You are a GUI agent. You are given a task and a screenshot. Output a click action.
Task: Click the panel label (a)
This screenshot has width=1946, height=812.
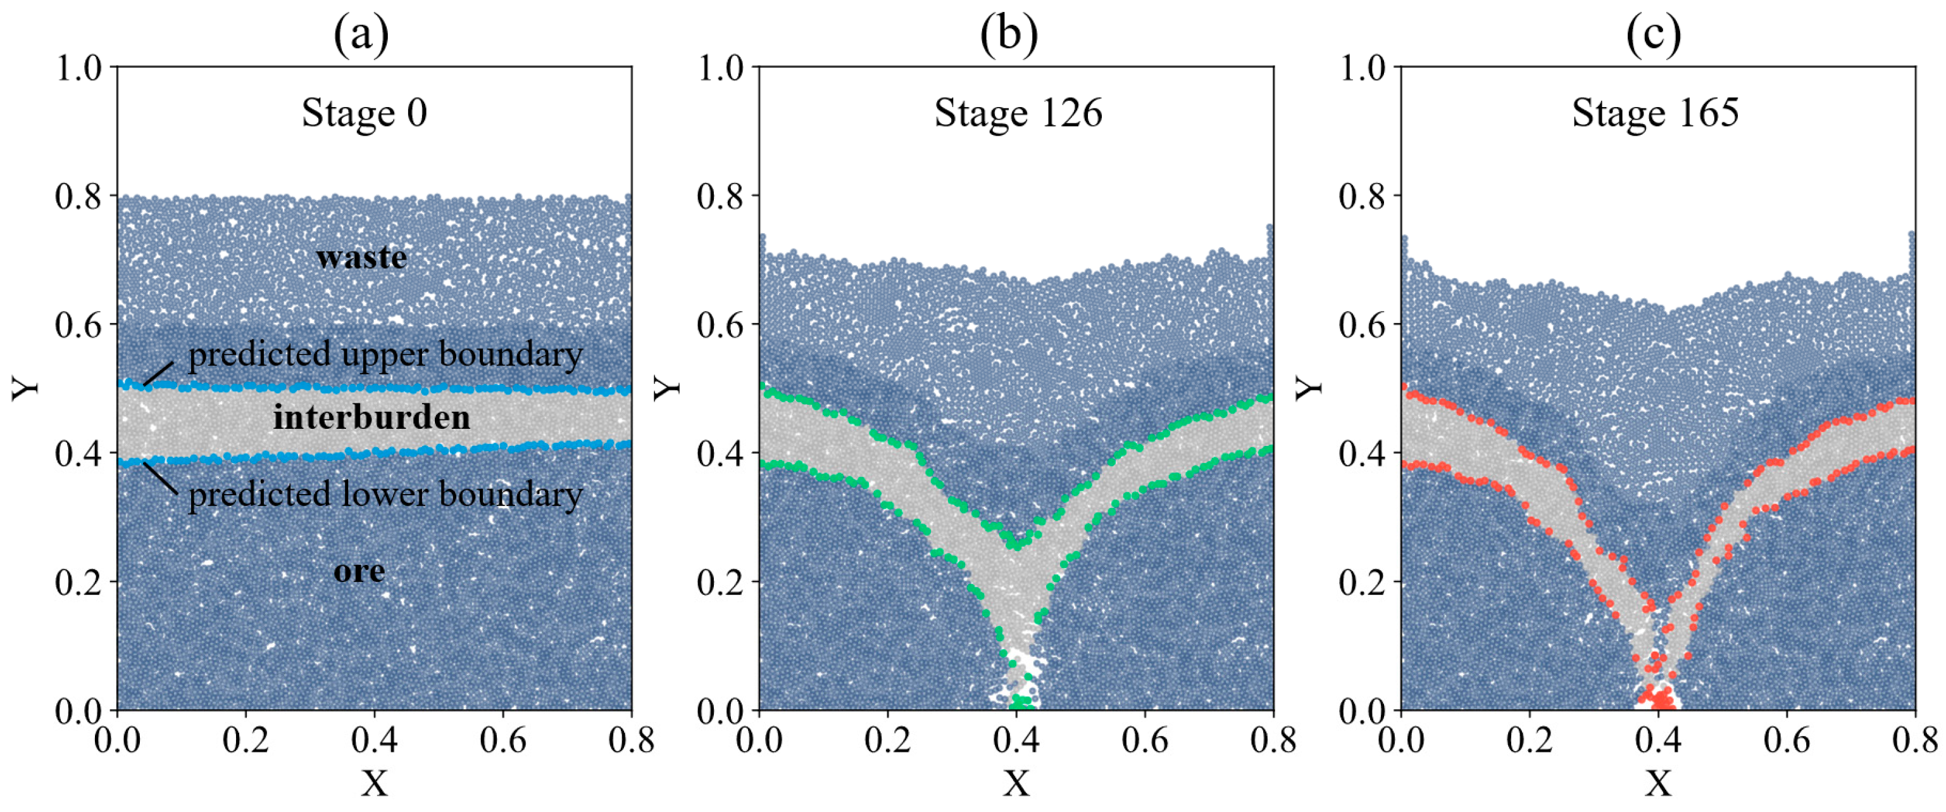pyautogui.click(x=361, y=35)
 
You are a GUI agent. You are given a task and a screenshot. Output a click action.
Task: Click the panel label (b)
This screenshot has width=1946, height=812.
pyautogui.click(x=1009, y=35)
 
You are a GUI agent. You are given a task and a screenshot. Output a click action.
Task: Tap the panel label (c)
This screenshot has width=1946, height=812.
pyautogui.click(x=1653, y=35)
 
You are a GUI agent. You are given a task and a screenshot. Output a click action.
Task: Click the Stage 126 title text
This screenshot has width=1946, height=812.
pyautogui.click(x=1018, y=113)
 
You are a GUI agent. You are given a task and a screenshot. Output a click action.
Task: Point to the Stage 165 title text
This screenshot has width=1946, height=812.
pyautogui.click(x=1655, y=113)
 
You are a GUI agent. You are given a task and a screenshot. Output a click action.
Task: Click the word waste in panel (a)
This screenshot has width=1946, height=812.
pyautogui.click(x=361, y=258)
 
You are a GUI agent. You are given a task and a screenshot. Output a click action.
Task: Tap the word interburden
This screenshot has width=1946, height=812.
pyautogui.click(x=371, y=417)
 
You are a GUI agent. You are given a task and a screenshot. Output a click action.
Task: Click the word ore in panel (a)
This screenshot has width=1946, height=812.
pyautogui.click(x=359, y=571)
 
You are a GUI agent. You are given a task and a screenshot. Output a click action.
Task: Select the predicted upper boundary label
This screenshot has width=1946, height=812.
pyautogui.click(x=385, y=355)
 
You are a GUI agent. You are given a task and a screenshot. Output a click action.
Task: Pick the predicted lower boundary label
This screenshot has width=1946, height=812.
pyautogui.click(x=385, y=495)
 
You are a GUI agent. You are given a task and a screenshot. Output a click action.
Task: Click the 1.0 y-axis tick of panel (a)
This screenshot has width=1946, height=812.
pyautogui.click(x=78, y=68)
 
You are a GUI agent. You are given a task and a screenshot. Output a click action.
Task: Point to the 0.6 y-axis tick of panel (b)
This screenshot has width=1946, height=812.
pyautogui.click(x=720, y=325)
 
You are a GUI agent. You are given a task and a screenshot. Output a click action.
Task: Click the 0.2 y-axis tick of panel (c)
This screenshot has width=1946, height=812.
pyautogui.click(x=1362, y=582)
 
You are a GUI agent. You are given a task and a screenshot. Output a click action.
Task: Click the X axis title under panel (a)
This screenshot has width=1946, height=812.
pyautogui.click(x=374, y=784)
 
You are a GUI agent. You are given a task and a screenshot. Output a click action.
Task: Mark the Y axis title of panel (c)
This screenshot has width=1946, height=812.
pyautogui.click(x=1310, y=387)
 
